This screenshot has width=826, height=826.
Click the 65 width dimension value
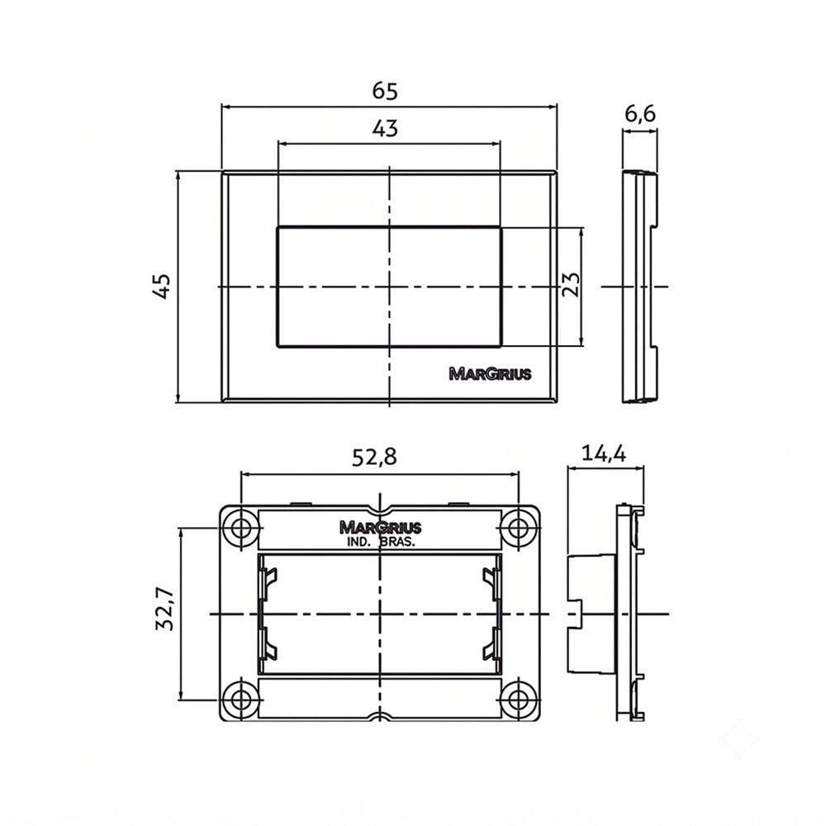tap(385, 91)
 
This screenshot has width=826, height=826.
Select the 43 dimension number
tap(385, 128)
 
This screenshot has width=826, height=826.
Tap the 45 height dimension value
tap(162, 287)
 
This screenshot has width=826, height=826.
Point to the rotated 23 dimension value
tap(571, 284)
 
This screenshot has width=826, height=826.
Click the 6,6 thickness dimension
tap(640, 114)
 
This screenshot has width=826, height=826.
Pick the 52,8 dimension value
tap(374, 458)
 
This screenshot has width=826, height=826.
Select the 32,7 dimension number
tap(164, 609)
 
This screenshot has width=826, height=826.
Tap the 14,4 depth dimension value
tap(604, 453)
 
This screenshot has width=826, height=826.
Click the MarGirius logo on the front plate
tap(490, 374)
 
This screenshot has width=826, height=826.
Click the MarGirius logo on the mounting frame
tap(380, 527)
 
